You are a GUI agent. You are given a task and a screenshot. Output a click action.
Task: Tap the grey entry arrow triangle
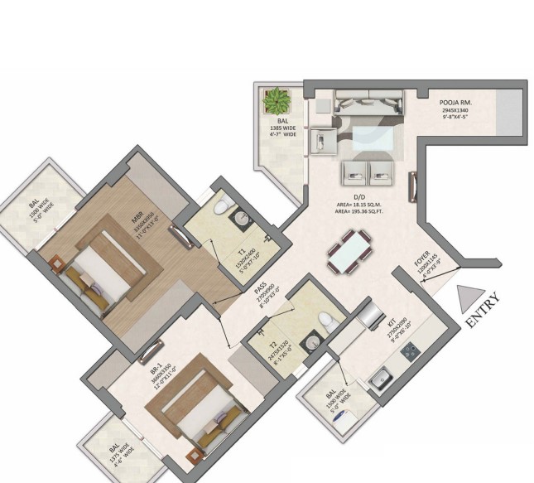point(469,295)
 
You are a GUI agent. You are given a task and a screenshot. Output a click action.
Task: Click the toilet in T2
point(327,321)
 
